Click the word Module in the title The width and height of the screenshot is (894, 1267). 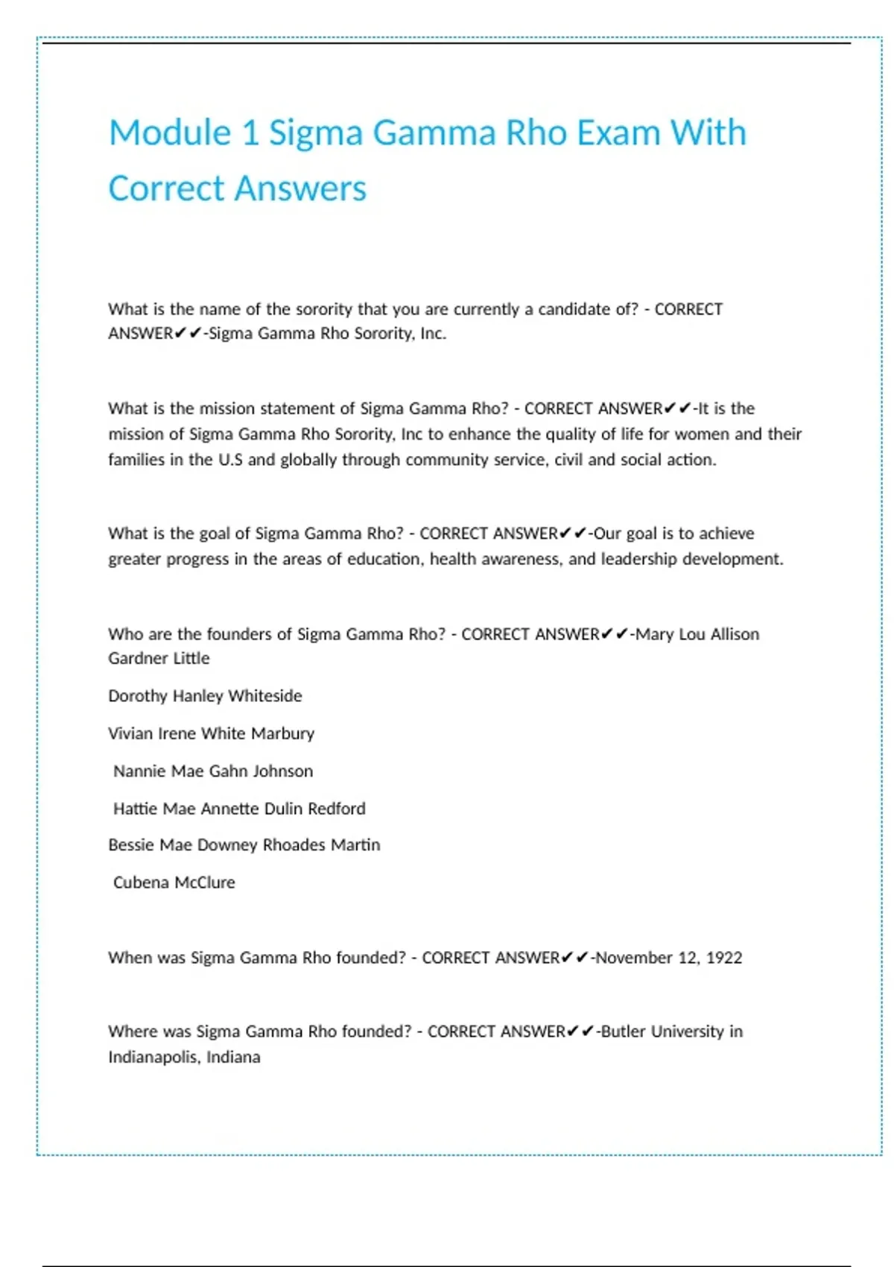[170, 133]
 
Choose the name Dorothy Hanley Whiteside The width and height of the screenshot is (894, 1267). [205, 696]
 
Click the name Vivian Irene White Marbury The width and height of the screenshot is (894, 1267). [211, 733]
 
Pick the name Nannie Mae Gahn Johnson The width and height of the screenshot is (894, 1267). [213, 771]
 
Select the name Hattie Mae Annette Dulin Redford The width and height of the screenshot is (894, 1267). [239, 809]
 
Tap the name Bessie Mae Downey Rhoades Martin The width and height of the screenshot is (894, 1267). [244, 845]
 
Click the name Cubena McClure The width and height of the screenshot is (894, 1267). [174, 882]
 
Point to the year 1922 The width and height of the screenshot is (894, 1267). [724, 958]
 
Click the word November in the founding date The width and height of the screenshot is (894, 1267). [633, 958]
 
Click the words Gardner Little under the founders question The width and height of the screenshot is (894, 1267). [159, 659]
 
